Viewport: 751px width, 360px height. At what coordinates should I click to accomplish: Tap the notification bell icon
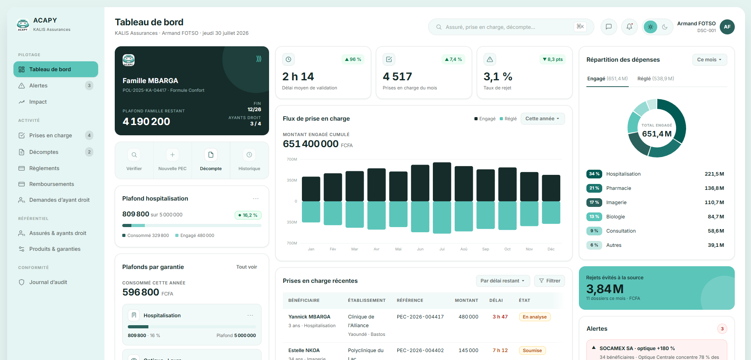coord(629,27)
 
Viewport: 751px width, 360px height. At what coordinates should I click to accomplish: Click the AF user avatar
coord(727,27)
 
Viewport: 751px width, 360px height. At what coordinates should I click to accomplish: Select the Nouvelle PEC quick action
coord(173,160)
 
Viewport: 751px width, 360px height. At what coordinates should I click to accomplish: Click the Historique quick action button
coord(249,160)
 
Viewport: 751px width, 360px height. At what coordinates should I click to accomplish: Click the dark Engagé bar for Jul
coord(442,182)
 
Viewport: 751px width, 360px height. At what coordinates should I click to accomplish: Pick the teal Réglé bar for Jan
coord(311,212)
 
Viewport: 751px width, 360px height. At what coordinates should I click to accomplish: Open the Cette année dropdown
coord(542,119)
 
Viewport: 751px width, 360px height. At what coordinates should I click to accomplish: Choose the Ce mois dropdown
coord(709,60)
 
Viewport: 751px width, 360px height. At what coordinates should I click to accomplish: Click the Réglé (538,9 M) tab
coord(656,79)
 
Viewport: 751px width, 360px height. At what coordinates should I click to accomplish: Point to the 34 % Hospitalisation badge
coord(594,174)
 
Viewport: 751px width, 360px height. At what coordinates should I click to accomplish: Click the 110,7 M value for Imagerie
coord(714,203)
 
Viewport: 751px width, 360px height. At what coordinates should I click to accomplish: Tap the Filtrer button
coord(550,281)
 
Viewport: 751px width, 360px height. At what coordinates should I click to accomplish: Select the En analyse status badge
coord(535,317)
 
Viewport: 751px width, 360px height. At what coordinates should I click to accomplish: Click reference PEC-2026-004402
coord(420,351)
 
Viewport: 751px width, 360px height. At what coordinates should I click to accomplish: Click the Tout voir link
coord(247,267)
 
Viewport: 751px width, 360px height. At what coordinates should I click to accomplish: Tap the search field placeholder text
coord(490,27)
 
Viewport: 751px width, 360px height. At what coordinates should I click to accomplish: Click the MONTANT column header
coord(467,301)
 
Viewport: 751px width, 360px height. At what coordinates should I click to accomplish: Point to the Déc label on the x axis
coord(551,249)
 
